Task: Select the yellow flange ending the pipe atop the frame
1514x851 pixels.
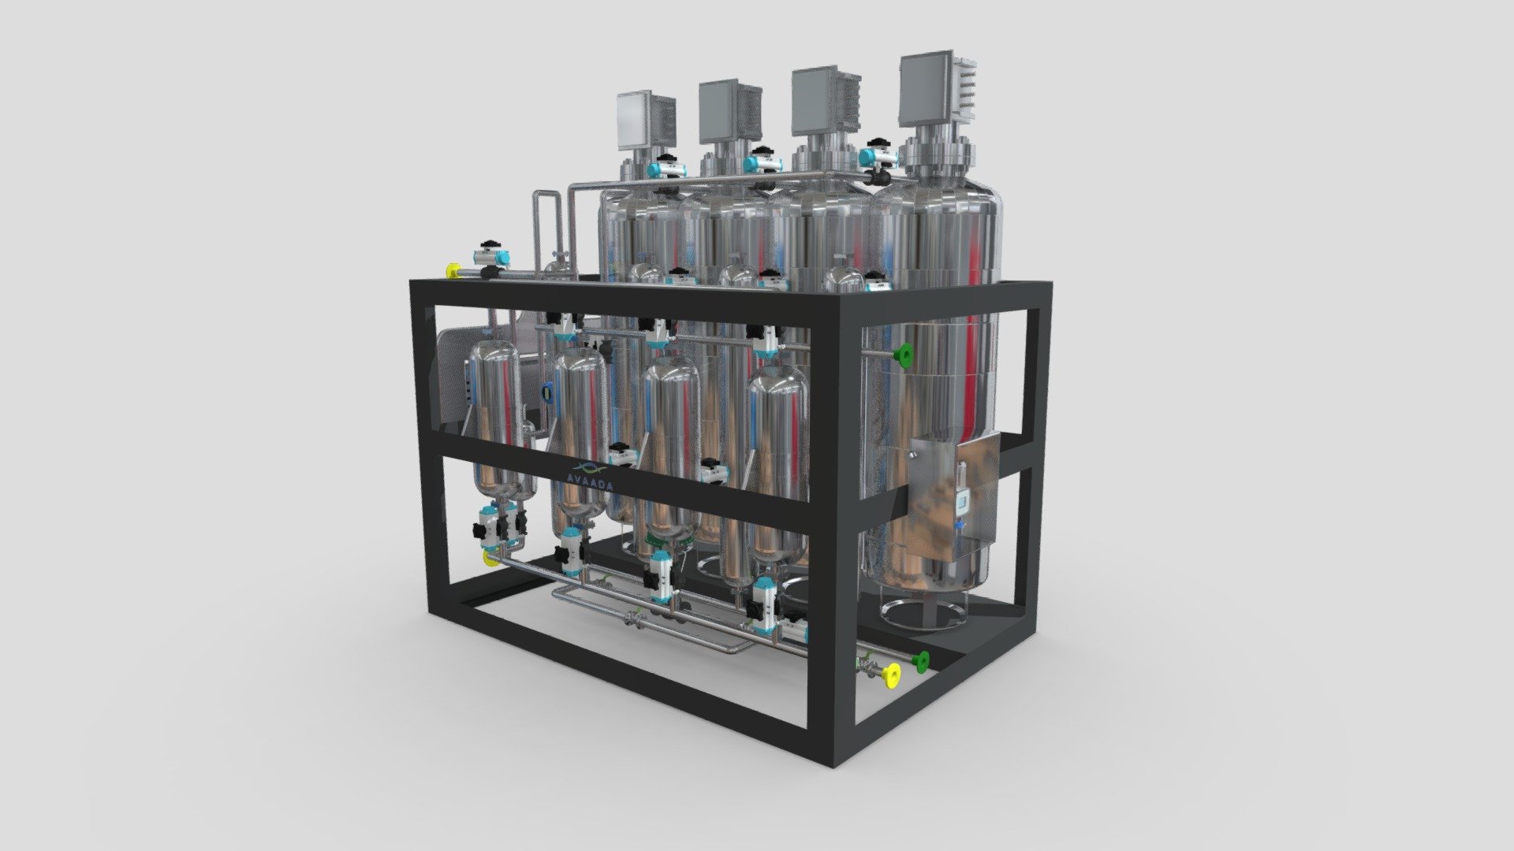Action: tap(453, 271)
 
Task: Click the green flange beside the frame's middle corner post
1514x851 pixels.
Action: tap(903, 355)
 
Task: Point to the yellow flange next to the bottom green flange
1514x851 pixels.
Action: tap(892, 674)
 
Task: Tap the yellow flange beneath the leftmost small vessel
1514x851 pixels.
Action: tap(488, 558)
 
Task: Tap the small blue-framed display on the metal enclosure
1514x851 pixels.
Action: tap(963, 505)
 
